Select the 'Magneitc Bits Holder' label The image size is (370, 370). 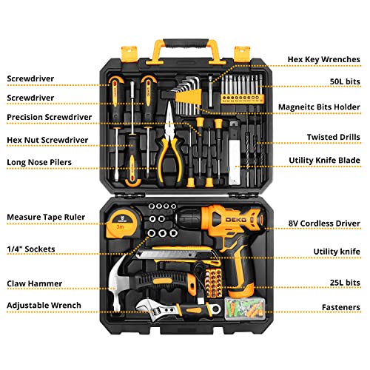[320, 107]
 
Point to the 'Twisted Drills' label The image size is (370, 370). [334, 137]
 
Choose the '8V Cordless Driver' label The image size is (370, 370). [326, 222]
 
